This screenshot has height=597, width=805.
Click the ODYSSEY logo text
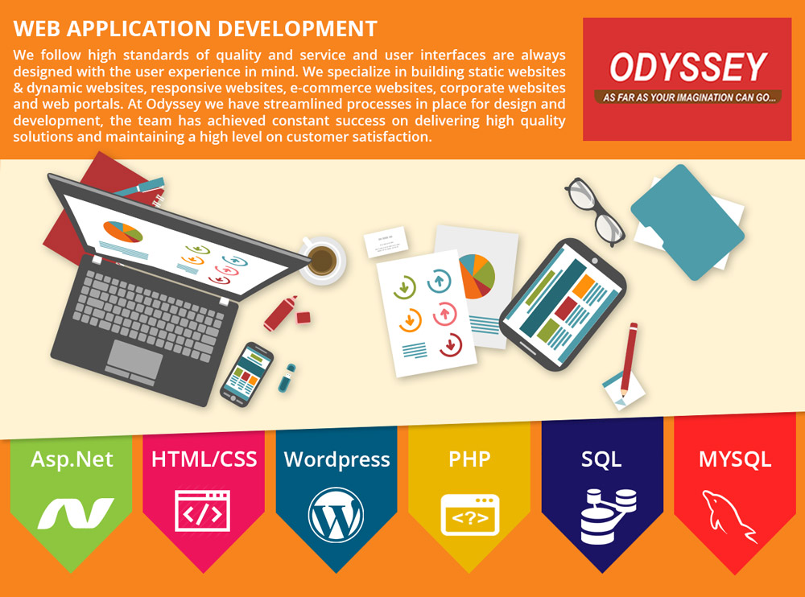point(688,68)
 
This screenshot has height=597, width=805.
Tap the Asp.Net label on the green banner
point(72,459)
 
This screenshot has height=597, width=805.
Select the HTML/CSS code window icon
point(202,511)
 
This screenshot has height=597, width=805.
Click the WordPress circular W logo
point(336,515)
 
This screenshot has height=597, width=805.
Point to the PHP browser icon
point(470,514)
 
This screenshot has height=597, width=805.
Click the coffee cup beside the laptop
point(322,260)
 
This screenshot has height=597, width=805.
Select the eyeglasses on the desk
point(595,211)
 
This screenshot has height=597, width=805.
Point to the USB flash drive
point(287,378)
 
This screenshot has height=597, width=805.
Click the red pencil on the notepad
point(629,360)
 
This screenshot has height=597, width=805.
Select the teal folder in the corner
point(687,222)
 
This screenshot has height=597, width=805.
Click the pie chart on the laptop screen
point(122,232)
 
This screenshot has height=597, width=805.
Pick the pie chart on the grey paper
point(477,276)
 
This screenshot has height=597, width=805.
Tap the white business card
point(386,241)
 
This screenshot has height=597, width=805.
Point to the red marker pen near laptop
point(281,313)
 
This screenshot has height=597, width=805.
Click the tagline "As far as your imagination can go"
point(688,97)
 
